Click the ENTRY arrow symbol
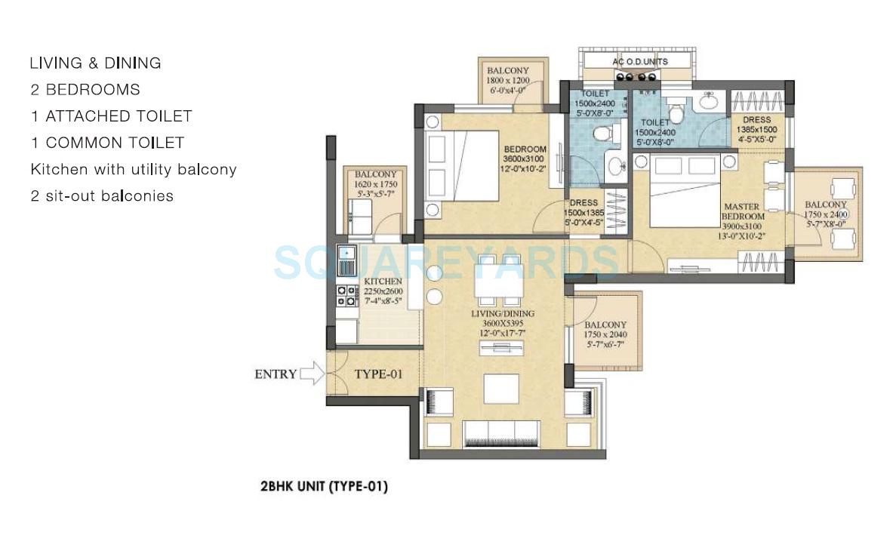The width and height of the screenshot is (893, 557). coord(311,374)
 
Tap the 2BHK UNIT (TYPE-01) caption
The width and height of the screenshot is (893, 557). coord(324,487)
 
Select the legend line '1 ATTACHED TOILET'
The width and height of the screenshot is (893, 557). coord(111,116)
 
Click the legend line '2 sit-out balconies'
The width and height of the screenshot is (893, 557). coord(102,196)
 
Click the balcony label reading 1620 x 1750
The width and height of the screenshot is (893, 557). coord(375,184)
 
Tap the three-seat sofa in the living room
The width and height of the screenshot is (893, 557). coord(500,432)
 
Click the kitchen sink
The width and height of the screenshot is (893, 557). coord(347,260)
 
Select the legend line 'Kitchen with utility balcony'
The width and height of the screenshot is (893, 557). coord(134,170)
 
